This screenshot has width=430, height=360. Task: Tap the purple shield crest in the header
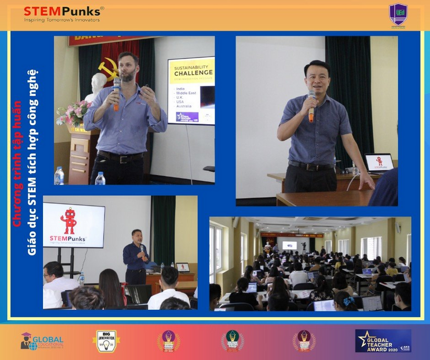398,14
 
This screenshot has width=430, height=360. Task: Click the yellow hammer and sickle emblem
107,69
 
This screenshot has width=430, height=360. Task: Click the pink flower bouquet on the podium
74,113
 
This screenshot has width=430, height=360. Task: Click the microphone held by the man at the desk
311,105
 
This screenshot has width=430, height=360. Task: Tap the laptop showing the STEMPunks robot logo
379,163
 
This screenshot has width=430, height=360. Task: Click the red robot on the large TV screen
69,221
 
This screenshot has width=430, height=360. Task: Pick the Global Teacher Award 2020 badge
383,341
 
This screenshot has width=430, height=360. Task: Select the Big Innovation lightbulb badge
106,341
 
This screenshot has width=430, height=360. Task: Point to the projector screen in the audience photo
289,245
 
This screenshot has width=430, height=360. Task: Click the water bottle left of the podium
59,176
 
